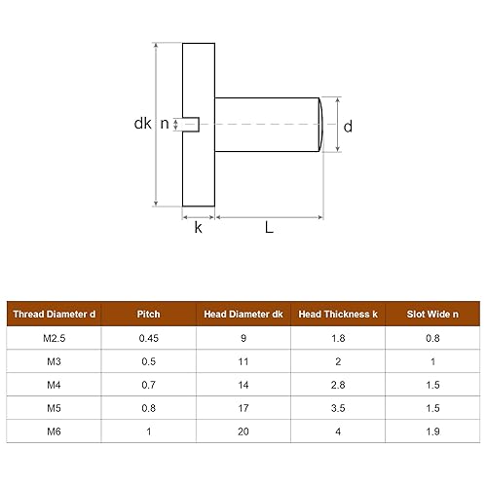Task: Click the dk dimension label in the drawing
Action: click(143, 124)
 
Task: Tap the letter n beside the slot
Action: click(165, 124)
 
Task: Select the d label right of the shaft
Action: click(348, 125)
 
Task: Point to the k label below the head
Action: click(198, 228)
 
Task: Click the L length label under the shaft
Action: click(268, 228)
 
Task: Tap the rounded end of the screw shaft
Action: click(318, 124)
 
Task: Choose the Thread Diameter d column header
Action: click(55, 314)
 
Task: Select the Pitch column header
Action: click(149, 314)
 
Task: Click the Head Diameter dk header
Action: click(243, 314)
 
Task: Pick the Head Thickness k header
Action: click(339, 314)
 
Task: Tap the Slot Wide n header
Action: click(432, 314)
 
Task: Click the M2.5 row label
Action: click(55, 338)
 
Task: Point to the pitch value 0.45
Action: click(149, 338)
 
